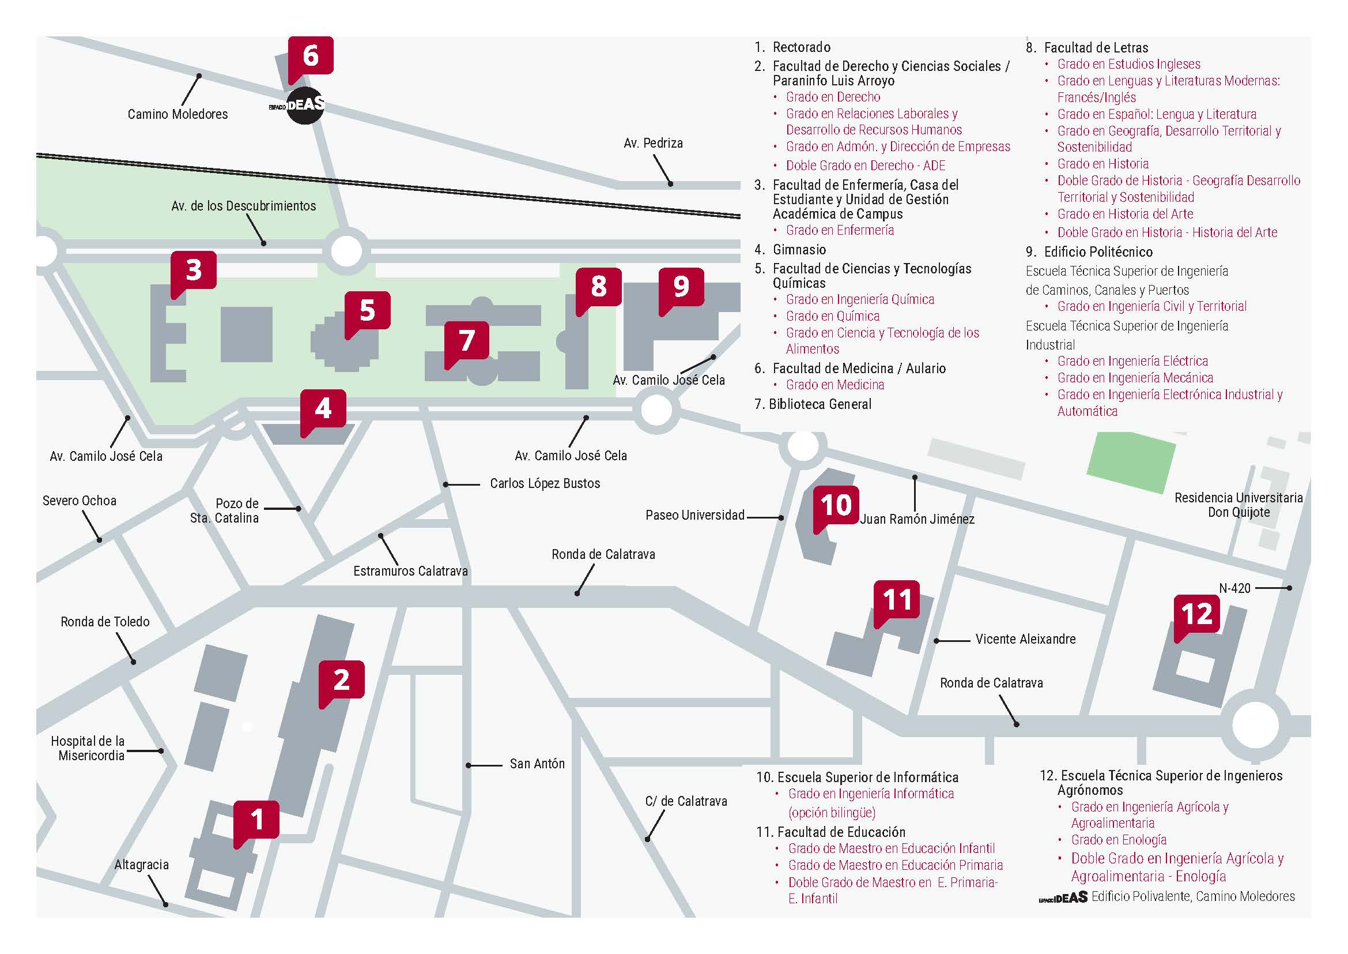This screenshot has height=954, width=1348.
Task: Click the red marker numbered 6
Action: (x=311, y=56)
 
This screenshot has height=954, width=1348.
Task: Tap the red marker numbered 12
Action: (x=1196, y=614)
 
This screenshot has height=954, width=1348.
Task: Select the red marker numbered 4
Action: (x=323, y=409)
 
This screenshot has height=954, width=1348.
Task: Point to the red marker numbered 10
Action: (x=836, y=505)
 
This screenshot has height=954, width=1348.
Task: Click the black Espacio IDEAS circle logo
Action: (x=305, y=106)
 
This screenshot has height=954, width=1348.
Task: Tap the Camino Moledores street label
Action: (x=178, y=115)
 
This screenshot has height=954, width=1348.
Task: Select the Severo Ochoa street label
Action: (x=80, y=501)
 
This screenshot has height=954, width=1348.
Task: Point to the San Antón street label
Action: (x=537, y=764)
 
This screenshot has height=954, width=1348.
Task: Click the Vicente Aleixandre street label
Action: (x=1025, y=640)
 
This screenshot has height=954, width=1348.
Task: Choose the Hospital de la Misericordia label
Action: (x=88, y=749)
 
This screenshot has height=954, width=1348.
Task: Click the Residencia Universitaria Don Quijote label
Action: (x=1238, y=505)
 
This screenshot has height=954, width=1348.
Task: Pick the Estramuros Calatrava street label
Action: (x=410, y=571)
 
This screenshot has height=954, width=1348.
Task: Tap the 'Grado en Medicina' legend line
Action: (x=835, y=385)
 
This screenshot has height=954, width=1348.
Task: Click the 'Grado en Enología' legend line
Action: (x=1119, y=840)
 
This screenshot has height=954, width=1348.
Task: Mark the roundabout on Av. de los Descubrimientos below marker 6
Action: (x=346, y=252)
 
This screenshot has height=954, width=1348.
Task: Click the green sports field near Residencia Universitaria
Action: (x=1131, y=461)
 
